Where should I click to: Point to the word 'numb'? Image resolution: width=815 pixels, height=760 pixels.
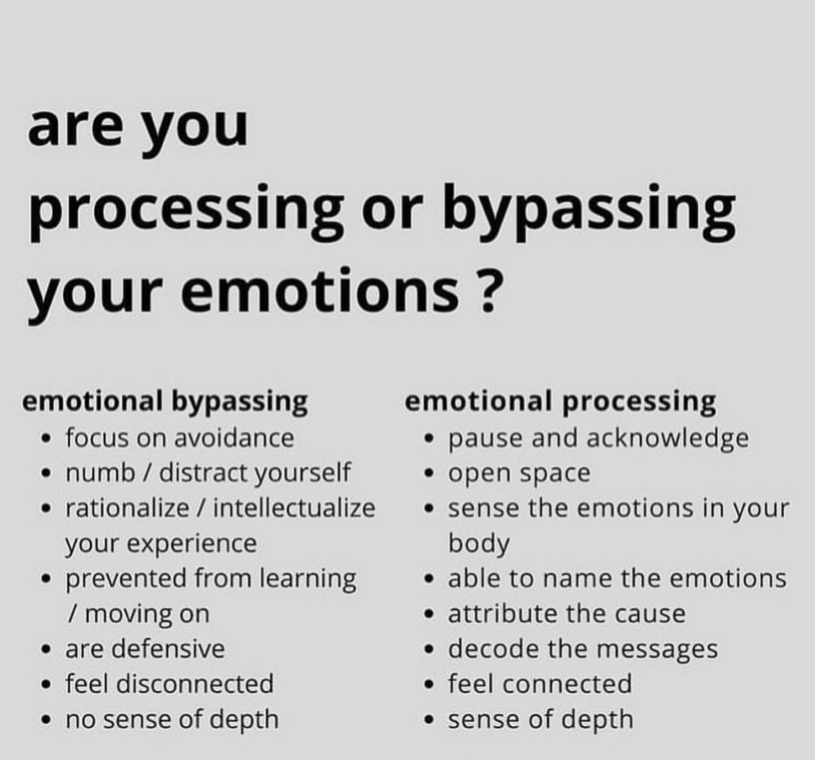tap(100, 473)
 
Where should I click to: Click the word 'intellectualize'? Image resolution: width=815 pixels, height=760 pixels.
tap(294, 508)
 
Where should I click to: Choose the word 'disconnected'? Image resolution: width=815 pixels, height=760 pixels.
tap(195, 684)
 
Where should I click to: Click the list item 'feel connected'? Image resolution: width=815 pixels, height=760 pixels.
tap(540, 684)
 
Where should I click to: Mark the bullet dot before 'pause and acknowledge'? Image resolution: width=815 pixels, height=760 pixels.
tap(429, 438)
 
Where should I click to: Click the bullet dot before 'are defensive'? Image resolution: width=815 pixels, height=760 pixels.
tap(46, 650)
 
